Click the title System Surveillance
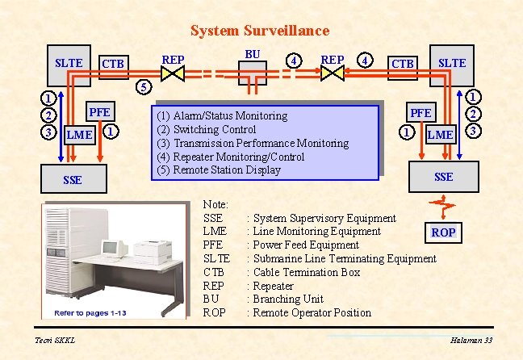[259, 31]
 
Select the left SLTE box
[69, 63]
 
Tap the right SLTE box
[451, 63]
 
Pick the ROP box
[443, 232]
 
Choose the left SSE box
[73, 179]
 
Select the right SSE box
[443, 176]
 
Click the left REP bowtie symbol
[172, 73]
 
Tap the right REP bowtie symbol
[333, 73]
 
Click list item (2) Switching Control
[207, 129]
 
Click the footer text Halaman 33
[471, 341]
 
